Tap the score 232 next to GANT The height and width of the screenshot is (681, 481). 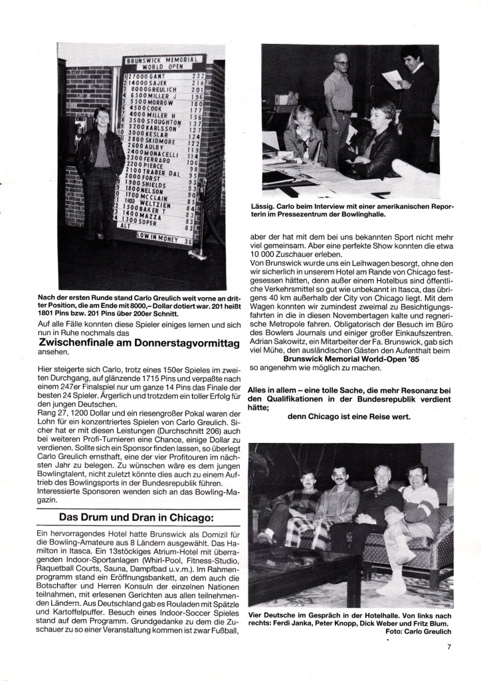(197, 77)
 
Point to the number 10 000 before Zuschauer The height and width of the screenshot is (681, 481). (262, 254)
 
